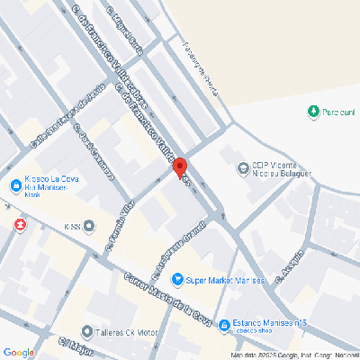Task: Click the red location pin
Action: (x=179, y=167)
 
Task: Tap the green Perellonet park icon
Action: (x=312, y=112)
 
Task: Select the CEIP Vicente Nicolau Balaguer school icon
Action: (x=242, y=167)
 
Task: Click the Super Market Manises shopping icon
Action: (x=177, y=280)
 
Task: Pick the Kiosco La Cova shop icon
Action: (x=16, y=187)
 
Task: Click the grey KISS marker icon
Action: (x=88, y=226)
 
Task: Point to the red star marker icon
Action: (x=19, y=221)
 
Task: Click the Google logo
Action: (x=19, y=352)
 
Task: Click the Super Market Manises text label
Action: (x=226, y=280)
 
